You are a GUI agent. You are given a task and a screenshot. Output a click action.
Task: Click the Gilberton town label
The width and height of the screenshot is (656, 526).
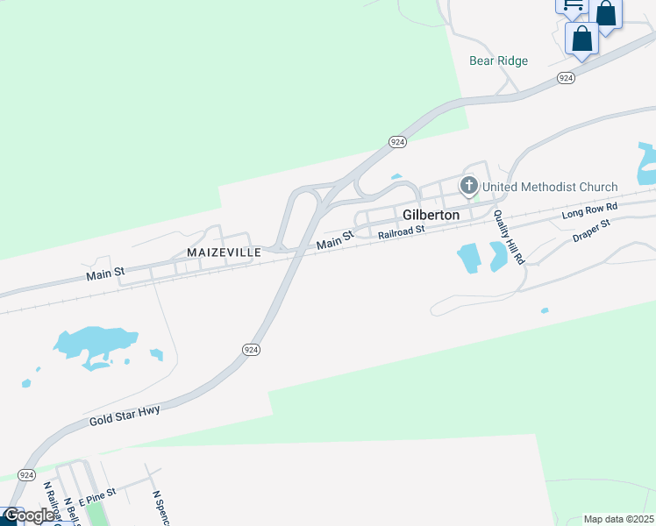pos(431,215)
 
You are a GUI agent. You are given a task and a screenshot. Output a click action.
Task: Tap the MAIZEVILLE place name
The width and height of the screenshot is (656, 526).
pos(224,252)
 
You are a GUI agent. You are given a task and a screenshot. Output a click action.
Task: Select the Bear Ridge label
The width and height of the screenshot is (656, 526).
pos(499,60)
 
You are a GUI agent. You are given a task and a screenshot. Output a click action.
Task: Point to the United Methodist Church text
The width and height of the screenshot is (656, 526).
pos(550,187)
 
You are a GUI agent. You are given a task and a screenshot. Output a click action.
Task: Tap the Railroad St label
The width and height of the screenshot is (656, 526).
pos(401,232)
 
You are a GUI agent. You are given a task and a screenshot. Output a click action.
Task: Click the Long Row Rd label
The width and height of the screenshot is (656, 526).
pos(590,211)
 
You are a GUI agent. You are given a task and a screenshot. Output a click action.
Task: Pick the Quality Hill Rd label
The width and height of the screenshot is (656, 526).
pos(508,238)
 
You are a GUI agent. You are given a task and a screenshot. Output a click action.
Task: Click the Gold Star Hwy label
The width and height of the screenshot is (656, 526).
pos(125,416)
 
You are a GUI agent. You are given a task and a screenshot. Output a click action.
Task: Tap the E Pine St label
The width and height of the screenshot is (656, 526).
pos(96,497)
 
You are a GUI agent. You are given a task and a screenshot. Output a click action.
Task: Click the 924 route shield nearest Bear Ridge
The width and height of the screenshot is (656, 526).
pos(566,78)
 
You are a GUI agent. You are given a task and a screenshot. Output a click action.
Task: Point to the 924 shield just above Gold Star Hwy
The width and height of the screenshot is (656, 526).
pos(251,349)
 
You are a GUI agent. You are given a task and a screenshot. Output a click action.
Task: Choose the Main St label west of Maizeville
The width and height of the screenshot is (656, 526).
pos(104,274)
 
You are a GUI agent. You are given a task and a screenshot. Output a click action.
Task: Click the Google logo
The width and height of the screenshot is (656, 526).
pos(28,516)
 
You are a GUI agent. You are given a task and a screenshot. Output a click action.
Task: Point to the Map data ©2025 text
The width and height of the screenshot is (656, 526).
pos(617,519)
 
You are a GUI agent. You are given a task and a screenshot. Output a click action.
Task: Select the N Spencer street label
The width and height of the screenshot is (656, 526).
pos(157,507)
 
